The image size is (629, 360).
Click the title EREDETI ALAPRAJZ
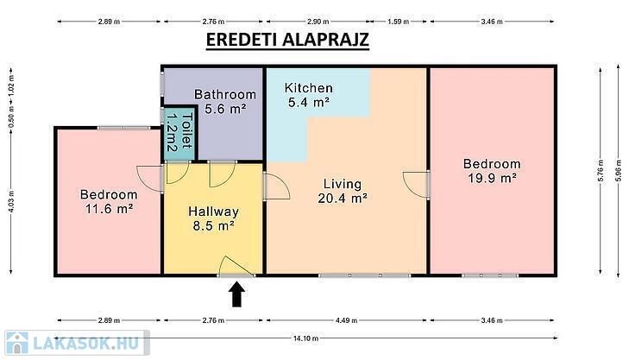click(x=287, y=40)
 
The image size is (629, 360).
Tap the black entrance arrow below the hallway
click(x=237, y=294)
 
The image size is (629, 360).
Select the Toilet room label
click(x=179, y=132)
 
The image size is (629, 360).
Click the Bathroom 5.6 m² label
click(x=225, y=101)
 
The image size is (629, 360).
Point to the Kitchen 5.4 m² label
click(x=309, y=95)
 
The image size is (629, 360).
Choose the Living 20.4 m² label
click(x=343, y=191)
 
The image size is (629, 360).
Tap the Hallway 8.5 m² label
click(x=213, y=218)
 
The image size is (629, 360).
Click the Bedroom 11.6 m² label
click(x=109, y=201)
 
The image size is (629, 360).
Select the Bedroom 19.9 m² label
click(x=492, y=170)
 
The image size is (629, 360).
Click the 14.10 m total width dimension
click(x=305, y=338)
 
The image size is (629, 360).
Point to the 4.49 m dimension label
click(x=346, y=320)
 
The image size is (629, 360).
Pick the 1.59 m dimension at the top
click(x=398, y=22)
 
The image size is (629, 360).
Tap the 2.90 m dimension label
click(x=317, y=22)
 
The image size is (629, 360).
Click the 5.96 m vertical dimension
click(x=619, y=171)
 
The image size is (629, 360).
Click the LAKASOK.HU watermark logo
click(x=77, y=343)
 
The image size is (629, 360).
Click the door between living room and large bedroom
click(x=417, y=185)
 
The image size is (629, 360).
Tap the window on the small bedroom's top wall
click(x=124, y=128)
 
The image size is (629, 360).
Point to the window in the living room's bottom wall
click(x=365, y=275)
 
